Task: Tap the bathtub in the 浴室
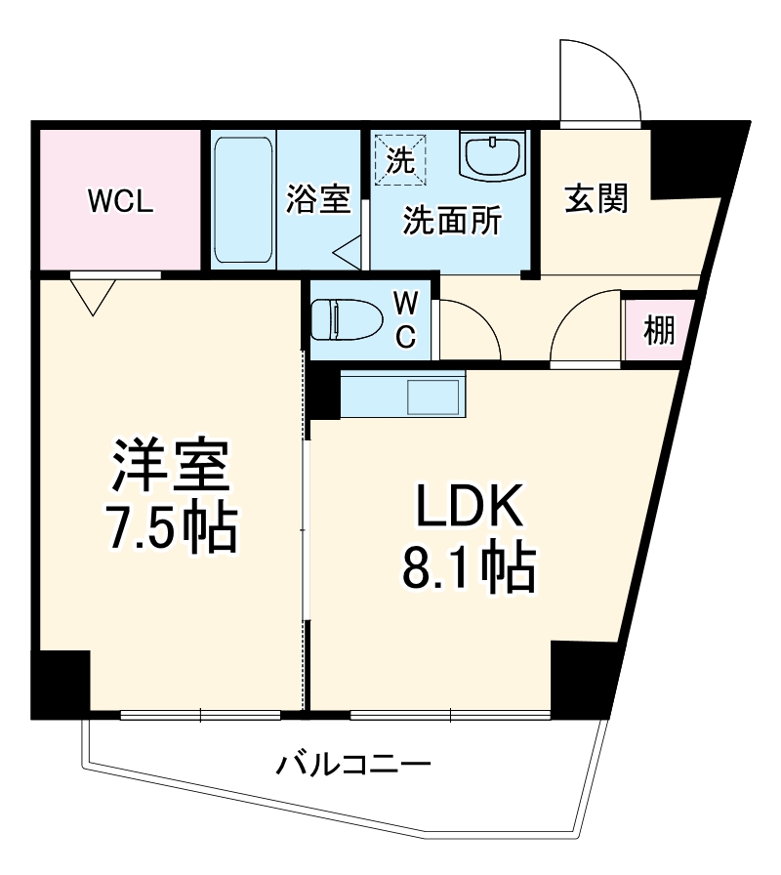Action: click(242, 199)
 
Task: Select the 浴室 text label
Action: click(318, 199)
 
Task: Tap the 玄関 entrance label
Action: click(596, 199)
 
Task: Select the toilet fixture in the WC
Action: click(341, 318)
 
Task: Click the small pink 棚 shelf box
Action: click(659, 332)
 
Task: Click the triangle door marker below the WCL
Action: click(93, 295)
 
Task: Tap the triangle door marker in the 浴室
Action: click(348, 255)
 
